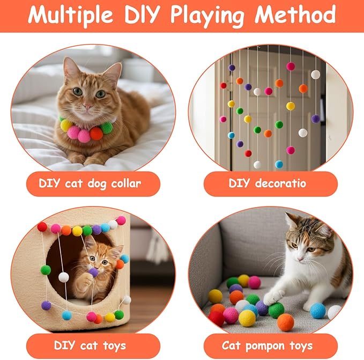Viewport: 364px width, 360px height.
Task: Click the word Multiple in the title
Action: coord(70,15)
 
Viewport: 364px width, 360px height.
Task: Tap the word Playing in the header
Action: coord(207,16)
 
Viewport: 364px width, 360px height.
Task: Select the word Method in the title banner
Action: coord(295,14)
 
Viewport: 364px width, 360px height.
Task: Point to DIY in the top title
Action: coord(142,14)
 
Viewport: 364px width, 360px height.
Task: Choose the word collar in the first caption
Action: coord(126,183)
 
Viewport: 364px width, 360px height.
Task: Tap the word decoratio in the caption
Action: coord(280,183)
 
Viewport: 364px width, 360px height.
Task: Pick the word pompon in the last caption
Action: coord(265,346)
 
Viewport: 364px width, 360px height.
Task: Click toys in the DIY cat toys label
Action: coord(114,346)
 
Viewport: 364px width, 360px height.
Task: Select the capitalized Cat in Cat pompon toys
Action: coord(231,346)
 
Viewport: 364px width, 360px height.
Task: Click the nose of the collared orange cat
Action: coord(88,107)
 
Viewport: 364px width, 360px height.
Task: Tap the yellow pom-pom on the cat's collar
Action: coord(66,125)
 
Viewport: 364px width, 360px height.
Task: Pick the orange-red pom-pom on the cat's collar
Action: coord(96,134)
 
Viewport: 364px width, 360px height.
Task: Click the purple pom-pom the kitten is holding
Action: coord(94,273)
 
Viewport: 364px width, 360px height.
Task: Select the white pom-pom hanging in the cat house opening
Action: coord(64,277)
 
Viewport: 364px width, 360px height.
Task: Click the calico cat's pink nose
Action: coord(300,259)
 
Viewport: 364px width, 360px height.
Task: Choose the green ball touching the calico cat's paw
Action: coord(276,310)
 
